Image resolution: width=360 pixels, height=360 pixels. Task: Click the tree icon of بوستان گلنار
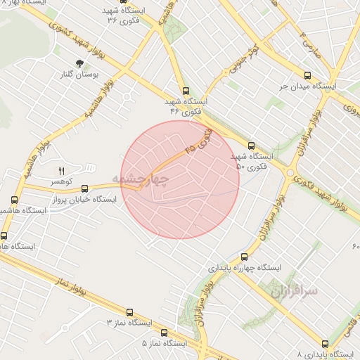[79, 63]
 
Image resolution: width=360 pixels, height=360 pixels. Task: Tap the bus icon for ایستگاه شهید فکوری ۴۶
[186, 91]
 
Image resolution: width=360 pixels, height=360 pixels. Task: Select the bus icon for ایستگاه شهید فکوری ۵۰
[251, 146]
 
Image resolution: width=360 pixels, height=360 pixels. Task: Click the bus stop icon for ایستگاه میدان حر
[307, 75]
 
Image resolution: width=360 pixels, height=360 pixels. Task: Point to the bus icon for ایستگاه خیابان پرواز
[85, 188]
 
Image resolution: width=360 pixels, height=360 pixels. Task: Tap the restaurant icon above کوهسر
[60, 171]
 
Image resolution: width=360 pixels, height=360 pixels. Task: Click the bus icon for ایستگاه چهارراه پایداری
[244, 257]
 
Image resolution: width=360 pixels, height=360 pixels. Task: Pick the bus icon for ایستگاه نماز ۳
[129, 312]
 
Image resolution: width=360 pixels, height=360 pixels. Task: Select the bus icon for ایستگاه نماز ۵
[164, 333]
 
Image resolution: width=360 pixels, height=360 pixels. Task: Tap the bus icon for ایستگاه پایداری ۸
[324, 344]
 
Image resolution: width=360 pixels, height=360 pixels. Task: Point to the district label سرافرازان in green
[292, 289]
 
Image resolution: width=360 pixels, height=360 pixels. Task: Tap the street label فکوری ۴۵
[197, 141]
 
